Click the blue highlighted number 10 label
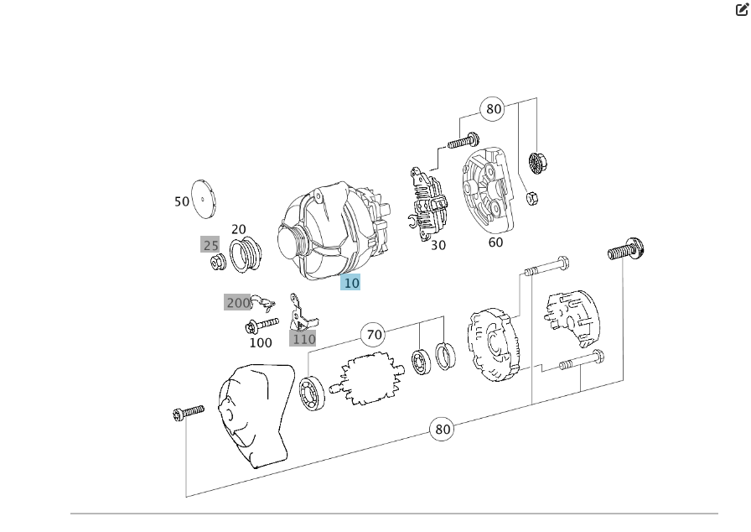click(351, 283)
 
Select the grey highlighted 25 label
click(210, 245)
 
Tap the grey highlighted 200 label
click(238, 302)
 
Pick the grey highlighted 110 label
click(303, 339)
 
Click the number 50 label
click(182, 201)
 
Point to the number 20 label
click(239, 229)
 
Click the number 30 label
click(438, 246)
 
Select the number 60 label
click(495, 243)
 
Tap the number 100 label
click(261, 342)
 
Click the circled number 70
click(374, 335)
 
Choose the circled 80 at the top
click(494, 108)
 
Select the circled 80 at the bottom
click(443, 429)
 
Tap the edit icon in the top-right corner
click(742, 10)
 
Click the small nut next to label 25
click(217, 263)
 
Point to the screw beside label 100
click(262, 325)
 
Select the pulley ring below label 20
click(245, 254)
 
